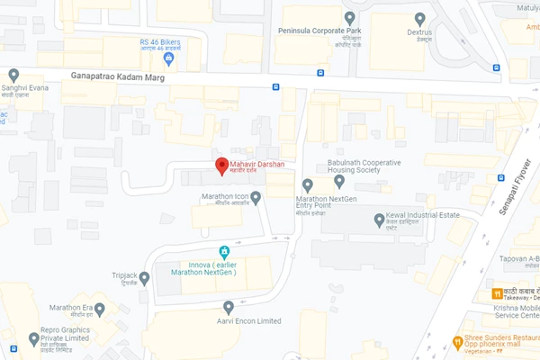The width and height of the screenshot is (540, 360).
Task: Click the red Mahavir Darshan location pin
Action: tap(220, 166)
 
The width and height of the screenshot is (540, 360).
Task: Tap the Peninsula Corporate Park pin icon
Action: tap(349, 18)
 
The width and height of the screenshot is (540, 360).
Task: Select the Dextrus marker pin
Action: tap(419, 18)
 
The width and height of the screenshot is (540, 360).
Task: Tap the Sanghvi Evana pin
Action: tap(13, 76)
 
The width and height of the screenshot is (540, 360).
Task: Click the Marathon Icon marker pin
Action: tap(256, 197)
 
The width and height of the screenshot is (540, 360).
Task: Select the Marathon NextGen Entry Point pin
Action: tap(308, 184)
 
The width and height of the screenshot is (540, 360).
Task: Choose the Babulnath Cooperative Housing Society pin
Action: tap(339, 181)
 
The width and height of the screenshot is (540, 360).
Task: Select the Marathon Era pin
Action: tap(99, 309)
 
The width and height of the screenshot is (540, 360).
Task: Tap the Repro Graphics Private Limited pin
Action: tap(34, 338)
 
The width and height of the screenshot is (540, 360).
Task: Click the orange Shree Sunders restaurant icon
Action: tap(457, 342)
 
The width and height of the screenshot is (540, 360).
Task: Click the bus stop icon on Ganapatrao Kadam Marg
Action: tap(275, 87)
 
